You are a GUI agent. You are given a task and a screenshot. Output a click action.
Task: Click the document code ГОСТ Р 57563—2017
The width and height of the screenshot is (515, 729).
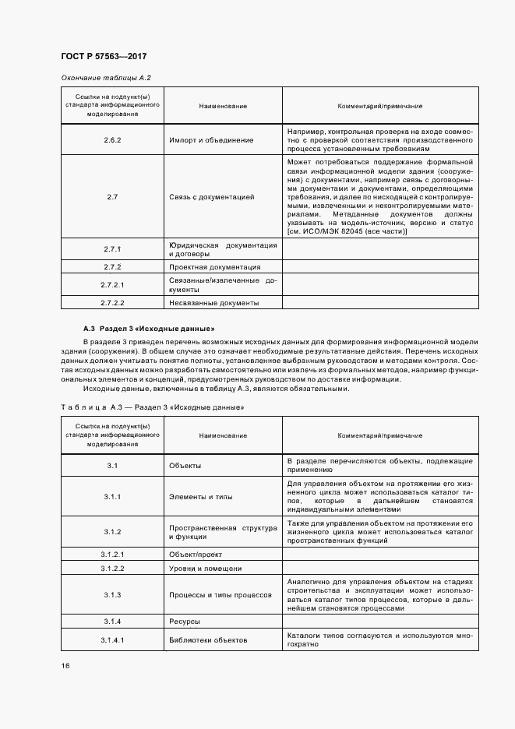tap(104, 57)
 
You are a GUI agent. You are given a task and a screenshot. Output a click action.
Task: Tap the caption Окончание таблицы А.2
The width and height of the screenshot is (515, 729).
tap(105, 78)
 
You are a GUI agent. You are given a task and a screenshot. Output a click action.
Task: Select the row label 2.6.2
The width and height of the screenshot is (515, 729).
tap(112, 139)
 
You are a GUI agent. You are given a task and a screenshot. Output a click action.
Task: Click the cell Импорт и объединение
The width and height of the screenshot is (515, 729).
tap(210, 139)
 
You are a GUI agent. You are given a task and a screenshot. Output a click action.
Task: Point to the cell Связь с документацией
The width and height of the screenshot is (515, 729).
tap(212, 197)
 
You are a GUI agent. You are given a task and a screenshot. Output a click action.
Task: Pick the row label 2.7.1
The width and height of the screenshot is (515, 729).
tap(112, 249)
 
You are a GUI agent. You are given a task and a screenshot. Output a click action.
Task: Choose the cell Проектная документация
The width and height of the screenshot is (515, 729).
tap(215, 267)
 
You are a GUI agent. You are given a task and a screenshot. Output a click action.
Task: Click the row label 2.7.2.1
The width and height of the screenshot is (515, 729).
tap(112, 284)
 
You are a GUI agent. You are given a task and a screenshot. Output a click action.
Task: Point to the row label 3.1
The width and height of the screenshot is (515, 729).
tap(112, 466)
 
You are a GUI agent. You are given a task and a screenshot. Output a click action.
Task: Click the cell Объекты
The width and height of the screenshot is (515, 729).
tap(185, 466)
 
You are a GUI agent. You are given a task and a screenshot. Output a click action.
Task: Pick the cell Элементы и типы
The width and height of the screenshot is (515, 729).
tap(200, 496)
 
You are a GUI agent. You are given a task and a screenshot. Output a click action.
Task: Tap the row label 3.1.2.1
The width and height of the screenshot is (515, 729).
tap(112, 554)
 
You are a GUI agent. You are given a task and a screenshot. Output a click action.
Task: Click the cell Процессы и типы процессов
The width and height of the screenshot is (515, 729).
tap(220, 595)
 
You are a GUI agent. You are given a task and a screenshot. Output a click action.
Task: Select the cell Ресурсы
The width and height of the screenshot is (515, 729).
tap(185, 622)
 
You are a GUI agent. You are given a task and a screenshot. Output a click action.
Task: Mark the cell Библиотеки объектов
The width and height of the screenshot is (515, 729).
tap(207, 640)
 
